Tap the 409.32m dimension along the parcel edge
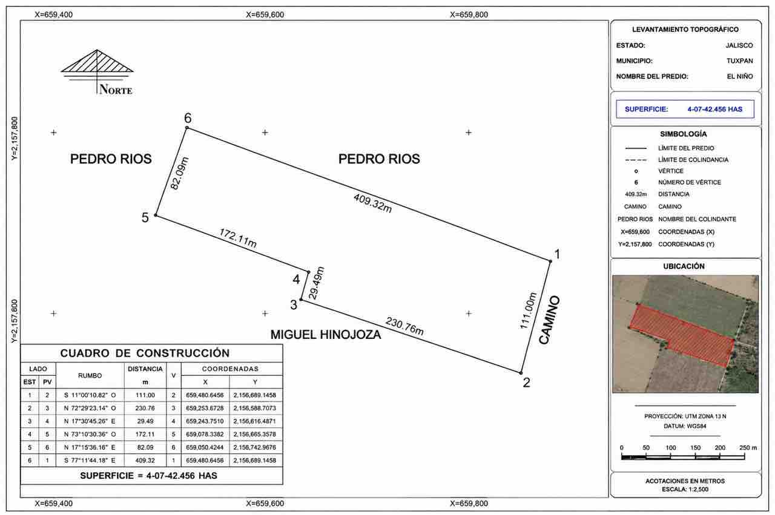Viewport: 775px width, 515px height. [372, 203]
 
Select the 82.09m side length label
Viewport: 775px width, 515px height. [180, 173]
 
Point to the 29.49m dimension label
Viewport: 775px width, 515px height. [316, 283]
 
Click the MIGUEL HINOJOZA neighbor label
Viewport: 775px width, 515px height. [326, 335]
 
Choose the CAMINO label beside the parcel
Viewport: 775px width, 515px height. [549, 320]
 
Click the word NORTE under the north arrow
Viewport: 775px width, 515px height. [116, 89]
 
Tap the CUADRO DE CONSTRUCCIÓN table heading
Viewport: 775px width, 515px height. [145, 353]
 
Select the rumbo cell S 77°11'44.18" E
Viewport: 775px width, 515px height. [90, 461]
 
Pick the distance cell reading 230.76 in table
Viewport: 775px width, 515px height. [145, 408]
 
